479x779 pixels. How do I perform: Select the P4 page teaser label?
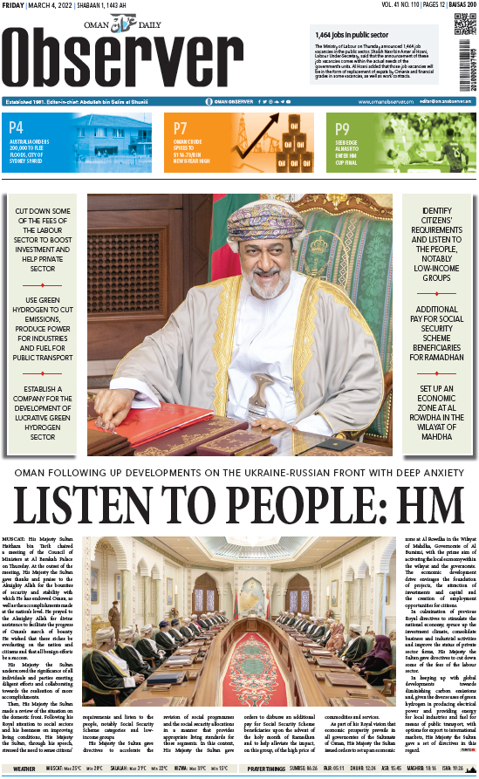pos(17,128)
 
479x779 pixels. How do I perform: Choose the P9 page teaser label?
pos(343,128)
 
